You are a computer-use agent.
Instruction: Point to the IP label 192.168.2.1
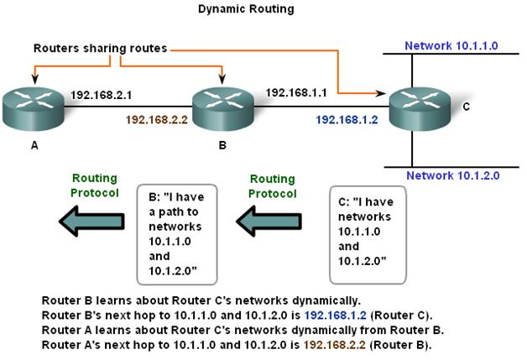coord(101,95)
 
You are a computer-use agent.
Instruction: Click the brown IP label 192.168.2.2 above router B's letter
coord(156,120)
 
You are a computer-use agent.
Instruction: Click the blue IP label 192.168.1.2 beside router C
coord(347,120)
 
